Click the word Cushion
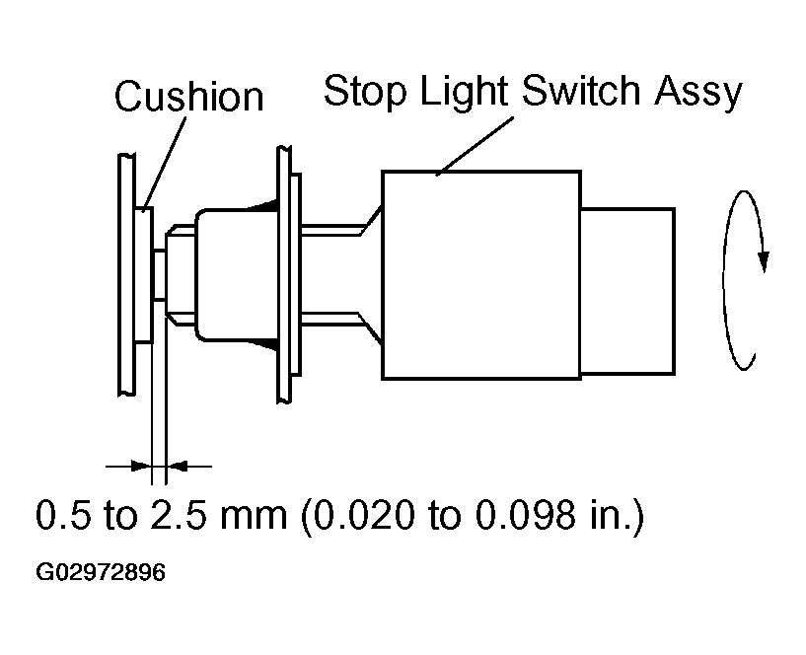188,96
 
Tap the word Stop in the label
365,92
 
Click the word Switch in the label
581,90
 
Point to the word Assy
698,93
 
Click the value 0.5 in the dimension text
63,514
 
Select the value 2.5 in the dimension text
178,514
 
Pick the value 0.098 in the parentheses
526,514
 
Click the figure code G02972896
101,572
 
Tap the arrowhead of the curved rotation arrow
764,261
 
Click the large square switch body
481,275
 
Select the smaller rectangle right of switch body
627,292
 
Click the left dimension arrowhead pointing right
141,467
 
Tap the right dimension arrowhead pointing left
178,467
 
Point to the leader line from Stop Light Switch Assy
475,147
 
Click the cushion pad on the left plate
144,275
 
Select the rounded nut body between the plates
237,275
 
